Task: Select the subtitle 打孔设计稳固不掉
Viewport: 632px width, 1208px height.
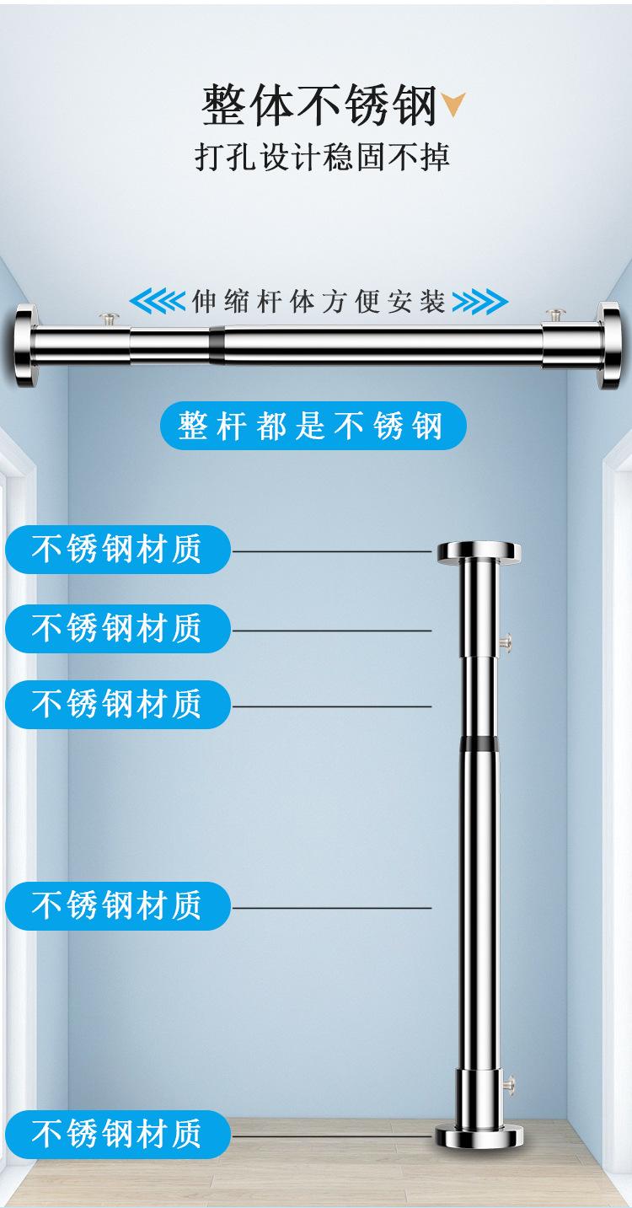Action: click(x=322, y=158)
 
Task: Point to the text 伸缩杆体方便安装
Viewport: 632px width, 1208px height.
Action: click(x=319, y=301)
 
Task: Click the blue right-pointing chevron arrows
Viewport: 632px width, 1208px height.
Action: click(x=479, y=301)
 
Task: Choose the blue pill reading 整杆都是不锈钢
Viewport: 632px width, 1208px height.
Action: click(x=312, y=427)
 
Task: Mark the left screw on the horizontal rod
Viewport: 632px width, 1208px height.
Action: click(x=108, y=319)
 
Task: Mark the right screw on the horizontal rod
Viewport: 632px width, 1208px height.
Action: click(x=554, y=316)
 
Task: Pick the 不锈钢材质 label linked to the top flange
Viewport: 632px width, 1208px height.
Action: click(x=117, y=550)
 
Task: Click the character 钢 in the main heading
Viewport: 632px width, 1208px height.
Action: click(x=415, y=105)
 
